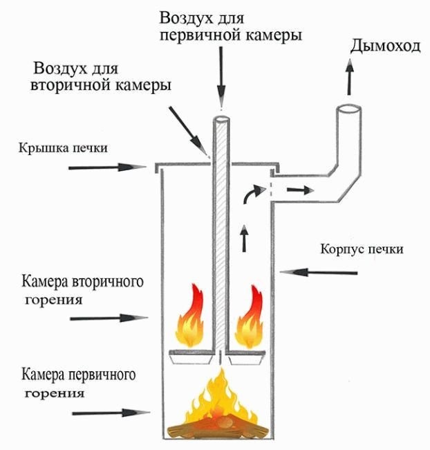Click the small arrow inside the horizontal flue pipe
(298, 189)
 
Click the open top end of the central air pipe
(221, 119)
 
